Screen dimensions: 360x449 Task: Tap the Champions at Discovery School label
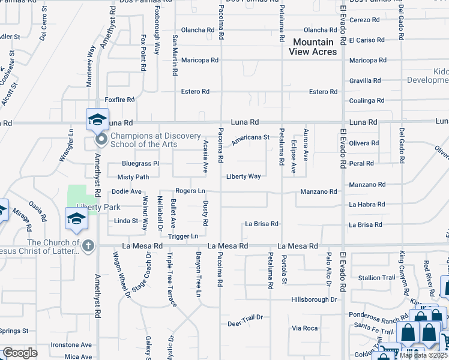pyautogui.click(x=152, y=140)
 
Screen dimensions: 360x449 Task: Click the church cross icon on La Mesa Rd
pyautogui.click(x=88, y=245)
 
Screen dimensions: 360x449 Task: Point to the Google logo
pyautogui.click(x=19, y=353)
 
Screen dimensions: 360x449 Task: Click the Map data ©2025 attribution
pyautogui.click(x=423, y=355)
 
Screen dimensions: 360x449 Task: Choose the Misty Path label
pyautogui.click(x=133, y=177)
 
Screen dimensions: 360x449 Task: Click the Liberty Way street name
pyautogui.click(x=243, y=176)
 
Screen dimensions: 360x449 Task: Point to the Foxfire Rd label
pyautogui.click(x=118, y=100)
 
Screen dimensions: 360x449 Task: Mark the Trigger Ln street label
pyautogui.click(x=183, y=236)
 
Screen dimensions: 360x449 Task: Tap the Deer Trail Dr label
pyautogui.click(x=245, y=324)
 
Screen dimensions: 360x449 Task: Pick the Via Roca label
pyautogui.click(x=304, y=328)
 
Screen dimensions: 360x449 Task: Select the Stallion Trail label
pyautogui.click(x=376, y=278)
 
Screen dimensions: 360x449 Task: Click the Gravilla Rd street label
pyautogui.click(x=365, y=80)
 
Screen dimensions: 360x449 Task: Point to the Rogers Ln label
pyautogui.click(x=190, y=191)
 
